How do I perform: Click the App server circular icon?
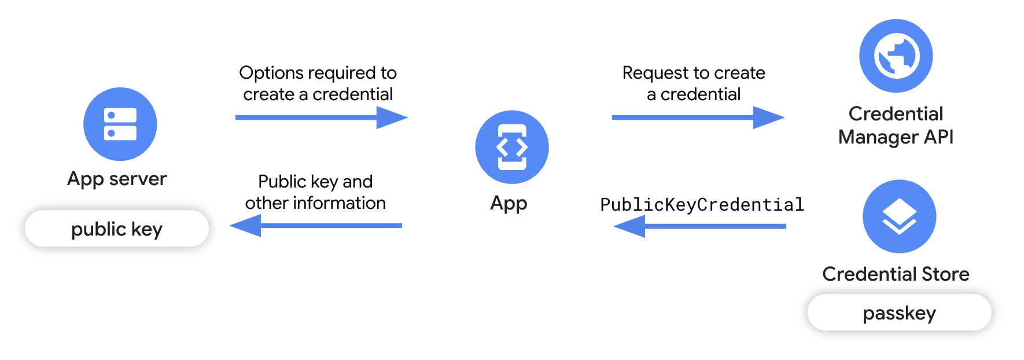(x=120, y=124)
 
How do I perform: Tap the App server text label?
(x=117, y=179)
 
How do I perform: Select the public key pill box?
(x=117, y=229)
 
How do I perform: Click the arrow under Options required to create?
(x=321, y=117)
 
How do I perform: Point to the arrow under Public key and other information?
(x=316, y=226)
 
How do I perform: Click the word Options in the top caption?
(x=270, y=73)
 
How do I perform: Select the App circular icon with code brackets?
(x=512, y=147)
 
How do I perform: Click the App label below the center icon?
(x=509, y=203)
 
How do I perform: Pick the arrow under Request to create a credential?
(x=698, y=117)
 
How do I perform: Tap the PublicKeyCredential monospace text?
(x=702, y=204)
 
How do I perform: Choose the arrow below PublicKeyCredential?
(x=699, y=226)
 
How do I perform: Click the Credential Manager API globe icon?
(x=896, y=56)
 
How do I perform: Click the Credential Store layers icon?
(x=899, y=216)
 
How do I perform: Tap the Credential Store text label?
(x=896, y=274)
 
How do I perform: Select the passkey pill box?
(x=899, y=313)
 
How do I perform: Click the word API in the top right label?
(x=938, y=137)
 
